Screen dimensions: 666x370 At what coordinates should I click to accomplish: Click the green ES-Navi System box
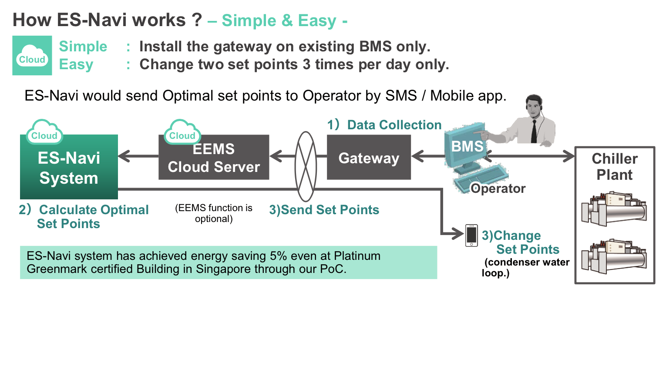tap(69, 167)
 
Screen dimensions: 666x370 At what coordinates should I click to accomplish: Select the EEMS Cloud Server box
tap(214, 157)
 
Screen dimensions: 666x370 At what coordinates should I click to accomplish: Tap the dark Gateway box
tap(369, 157)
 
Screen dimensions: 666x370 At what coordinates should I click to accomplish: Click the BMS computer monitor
tap(466, 146)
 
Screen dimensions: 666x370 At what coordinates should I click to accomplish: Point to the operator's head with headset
tap(534, 106)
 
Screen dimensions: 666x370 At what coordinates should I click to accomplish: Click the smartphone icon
tap(471, 235)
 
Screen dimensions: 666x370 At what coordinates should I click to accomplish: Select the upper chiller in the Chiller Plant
tap(614, 208)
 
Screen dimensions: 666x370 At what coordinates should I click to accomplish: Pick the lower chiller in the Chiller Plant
tap(614, 256)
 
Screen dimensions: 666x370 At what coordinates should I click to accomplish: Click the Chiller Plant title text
tap(615, 167)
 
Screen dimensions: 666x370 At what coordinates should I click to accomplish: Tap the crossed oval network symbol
tap(306, 167)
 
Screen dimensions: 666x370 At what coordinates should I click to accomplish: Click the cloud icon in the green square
tap(32, 56)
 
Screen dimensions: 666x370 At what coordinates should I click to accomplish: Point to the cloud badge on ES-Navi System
tap(44, 132)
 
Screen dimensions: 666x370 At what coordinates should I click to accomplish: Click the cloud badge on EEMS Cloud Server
tap(182, 132)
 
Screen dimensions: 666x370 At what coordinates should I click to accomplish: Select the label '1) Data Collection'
tap(384, 124)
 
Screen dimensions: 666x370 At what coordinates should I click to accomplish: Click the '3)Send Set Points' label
tap(324, 210)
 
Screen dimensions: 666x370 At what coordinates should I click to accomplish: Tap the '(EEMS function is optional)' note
tap(214, 213)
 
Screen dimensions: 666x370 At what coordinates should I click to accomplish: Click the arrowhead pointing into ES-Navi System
tap(124, 156)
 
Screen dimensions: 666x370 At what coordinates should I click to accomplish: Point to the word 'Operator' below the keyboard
tap(498, 188)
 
